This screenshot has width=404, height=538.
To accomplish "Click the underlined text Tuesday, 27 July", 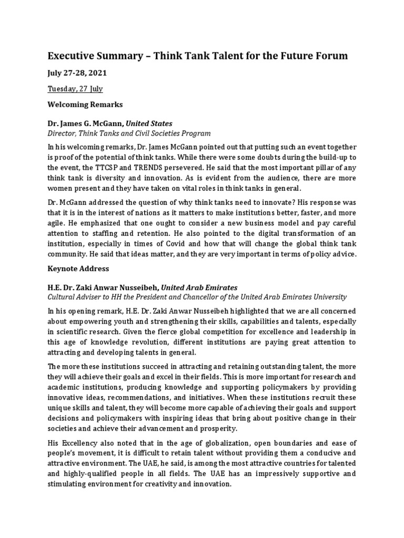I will [x=75, y=89].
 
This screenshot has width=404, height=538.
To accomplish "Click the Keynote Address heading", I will [x=78, y=268].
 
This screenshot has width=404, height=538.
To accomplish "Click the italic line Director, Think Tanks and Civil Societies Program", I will [x=129, y=133].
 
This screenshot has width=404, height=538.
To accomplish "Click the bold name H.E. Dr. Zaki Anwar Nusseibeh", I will [x=103, y=287].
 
